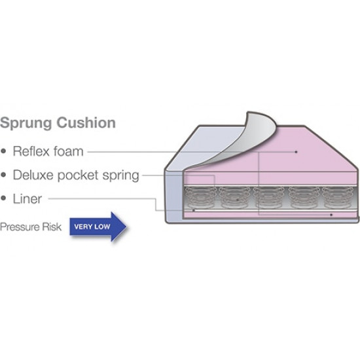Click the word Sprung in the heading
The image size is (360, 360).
click(26, 123)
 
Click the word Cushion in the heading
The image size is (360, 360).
click(86, 122)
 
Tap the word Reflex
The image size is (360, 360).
click(31, 151)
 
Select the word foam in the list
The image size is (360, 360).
click(69, 151)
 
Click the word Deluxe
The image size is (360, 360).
click(33, 175)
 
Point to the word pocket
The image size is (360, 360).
click(78, 175)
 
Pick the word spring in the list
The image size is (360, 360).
click(120, 176)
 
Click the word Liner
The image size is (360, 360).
click(27, 199)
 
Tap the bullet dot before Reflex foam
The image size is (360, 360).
click(3, 151)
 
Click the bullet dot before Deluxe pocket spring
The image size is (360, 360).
click(3, 175)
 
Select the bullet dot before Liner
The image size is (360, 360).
click(3, 198)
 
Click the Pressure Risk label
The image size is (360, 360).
click(31, 227)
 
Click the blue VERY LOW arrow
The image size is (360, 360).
click(98, 226)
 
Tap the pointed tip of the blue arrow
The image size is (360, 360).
click(126, 226)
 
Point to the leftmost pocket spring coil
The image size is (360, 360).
click(200, 198)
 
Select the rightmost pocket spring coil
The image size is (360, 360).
click(338, 198)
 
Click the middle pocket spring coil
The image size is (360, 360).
click(268, 198)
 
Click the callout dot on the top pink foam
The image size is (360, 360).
click(296, 152)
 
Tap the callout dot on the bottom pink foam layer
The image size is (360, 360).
click(331, 215)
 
